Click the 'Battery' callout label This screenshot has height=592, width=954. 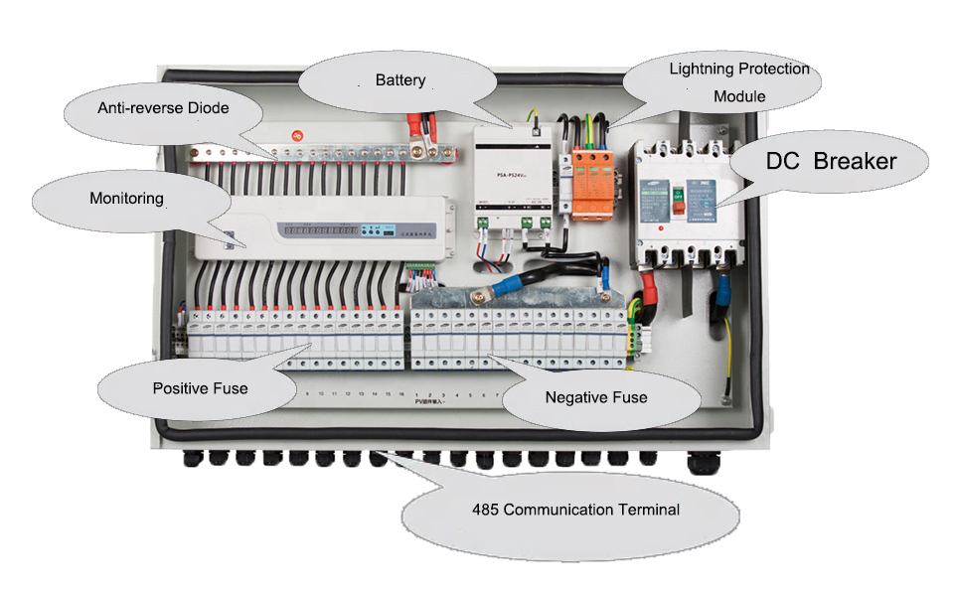pos(400,79)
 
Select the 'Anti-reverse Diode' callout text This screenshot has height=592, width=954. pos(163,107)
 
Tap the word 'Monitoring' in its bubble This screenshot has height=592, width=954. pos(126,199)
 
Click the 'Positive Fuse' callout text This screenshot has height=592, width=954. pos(200,387)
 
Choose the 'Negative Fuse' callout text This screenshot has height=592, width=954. pos(596,397)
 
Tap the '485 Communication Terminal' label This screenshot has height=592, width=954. pos(575,510)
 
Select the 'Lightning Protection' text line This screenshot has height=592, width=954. pos(739,70)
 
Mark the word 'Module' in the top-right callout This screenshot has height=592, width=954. pos(739,96)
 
